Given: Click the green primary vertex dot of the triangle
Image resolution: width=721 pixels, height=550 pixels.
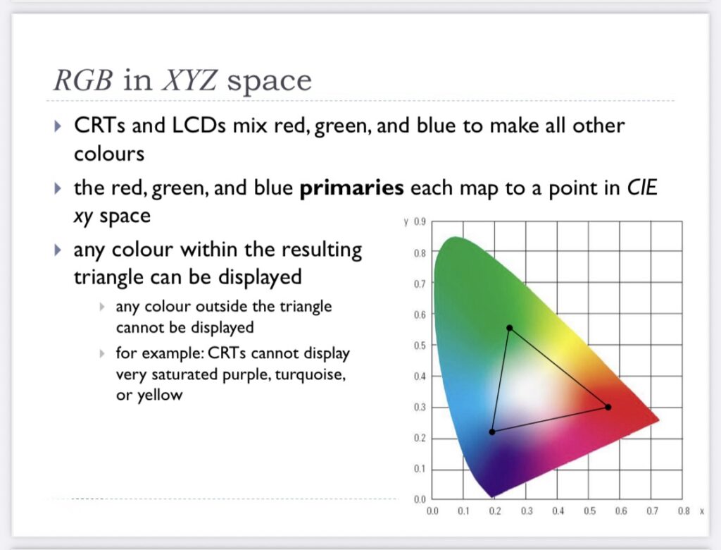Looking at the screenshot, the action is pyautogui.click(x=510, y=328).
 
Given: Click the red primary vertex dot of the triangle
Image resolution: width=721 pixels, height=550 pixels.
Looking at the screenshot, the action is pyautogui.click(x=608, y=407).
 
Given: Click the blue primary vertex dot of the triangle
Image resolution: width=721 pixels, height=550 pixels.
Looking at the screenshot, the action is pyautogui.click(x=492, y=432).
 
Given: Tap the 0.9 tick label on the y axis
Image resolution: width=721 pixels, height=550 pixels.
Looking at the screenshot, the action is pyautogui.click(x=420, y=222).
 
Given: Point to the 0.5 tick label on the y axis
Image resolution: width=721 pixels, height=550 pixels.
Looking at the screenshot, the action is pyautogui.click(x=420, y=346).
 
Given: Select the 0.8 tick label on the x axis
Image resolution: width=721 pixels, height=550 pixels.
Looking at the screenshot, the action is pyautogui.click(x=684, y=511).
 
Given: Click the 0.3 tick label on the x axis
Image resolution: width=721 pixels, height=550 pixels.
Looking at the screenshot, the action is pyautogui.click(x=527, y=511).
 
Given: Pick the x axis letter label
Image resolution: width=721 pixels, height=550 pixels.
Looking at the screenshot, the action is pyautogui.click(x=702, y=511).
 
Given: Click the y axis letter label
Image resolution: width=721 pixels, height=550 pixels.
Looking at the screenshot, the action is pyautogui.click(x=406, y=223).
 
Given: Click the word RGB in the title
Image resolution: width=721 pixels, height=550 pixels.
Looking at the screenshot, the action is pyautogui.click(x=83, y=80).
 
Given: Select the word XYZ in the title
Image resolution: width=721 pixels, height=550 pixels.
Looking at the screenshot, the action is pyautogui.click(x=189, y=80).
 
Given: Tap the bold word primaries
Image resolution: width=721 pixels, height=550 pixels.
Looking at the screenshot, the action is pyautogui.click(x=352, y=188).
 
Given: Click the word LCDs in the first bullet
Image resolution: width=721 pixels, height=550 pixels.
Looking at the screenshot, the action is pyautogui.click(x=199, y=126).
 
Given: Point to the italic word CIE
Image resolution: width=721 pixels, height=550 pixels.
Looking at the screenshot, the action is pyautogui.click(x=642, y=188).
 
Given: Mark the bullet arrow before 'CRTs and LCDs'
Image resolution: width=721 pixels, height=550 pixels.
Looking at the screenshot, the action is pyautogui.click(x=58, y=126).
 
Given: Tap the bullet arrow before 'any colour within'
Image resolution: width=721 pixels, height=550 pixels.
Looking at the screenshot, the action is pyautogui.click(x=58, y=250).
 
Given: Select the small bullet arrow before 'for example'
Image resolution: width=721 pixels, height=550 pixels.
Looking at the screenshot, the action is pyautogui.click(x=102, y=353).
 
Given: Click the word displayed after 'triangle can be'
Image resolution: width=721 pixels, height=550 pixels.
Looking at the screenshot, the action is pyautogui.click(x=260, y=277).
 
